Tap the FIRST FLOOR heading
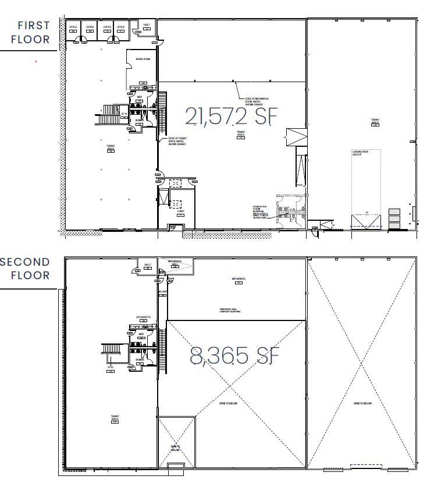[33, 33]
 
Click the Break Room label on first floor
[143, 59]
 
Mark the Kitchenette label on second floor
[144, 317]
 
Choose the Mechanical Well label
[175, 263]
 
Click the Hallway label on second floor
[162, 291]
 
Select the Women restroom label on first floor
[140, 121]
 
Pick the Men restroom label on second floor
[141, 334]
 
